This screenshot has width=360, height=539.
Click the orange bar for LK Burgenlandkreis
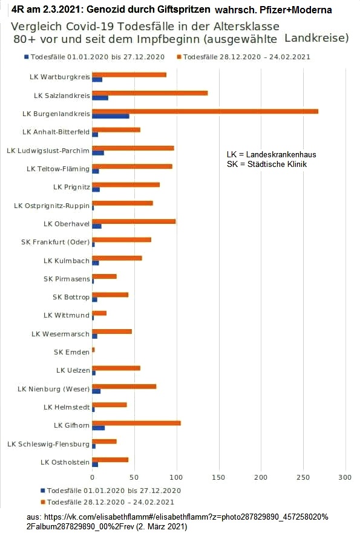tap(205, 111)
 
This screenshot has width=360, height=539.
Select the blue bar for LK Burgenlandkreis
tap(111, 116)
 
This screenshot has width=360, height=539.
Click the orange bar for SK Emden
tap(93, 350)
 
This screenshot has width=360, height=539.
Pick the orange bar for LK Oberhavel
tap(134, 221)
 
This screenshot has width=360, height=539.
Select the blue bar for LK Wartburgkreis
tap(97, 79)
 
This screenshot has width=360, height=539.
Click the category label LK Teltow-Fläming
tap(58, 169)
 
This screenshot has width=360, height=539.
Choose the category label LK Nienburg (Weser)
tap(53, 388)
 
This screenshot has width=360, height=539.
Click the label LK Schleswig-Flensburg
tap(48, 444)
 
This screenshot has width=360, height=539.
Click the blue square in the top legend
tap(26, 57)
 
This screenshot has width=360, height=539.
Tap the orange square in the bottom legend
tap(43, 501)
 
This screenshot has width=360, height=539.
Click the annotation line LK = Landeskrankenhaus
tap(267, 155)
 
